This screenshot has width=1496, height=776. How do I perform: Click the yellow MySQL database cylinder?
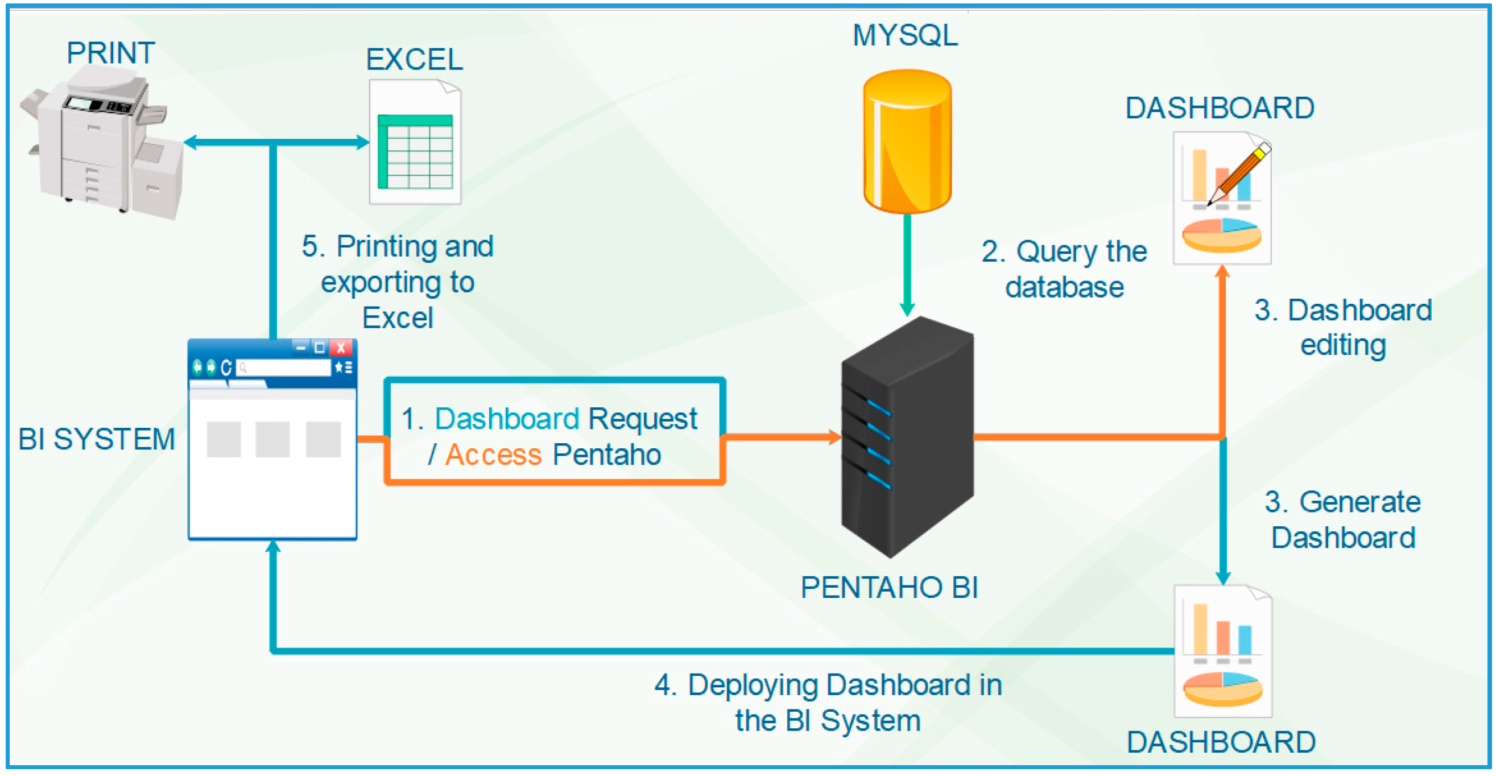coord(907,141)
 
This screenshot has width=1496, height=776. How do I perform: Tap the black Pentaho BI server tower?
coord(907,437)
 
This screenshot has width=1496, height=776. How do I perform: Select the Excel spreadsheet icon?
coord(415,142)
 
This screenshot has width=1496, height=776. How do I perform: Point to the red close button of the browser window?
coord(341,348)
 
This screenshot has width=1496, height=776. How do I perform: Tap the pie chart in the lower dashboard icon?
coord(1222,688)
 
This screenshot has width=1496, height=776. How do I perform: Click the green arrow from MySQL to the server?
coord(907,265)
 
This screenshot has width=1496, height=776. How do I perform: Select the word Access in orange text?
coord(493,454)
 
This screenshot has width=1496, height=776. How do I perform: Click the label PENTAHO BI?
coord(889,587)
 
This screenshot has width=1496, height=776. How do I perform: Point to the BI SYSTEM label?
coord(96,439)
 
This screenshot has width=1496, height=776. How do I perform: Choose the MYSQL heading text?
coord(906,35)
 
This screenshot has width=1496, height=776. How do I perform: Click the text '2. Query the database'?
coord(1064,270)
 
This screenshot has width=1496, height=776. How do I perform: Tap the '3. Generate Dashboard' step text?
coord(1342,519)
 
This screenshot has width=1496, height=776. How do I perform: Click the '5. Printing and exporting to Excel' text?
coord(398,282)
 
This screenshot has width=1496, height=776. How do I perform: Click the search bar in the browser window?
coord(283,367)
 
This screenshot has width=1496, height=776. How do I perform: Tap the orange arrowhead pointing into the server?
coord(834,437)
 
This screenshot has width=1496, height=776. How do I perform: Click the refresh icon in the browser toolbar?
coord(226,367)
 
